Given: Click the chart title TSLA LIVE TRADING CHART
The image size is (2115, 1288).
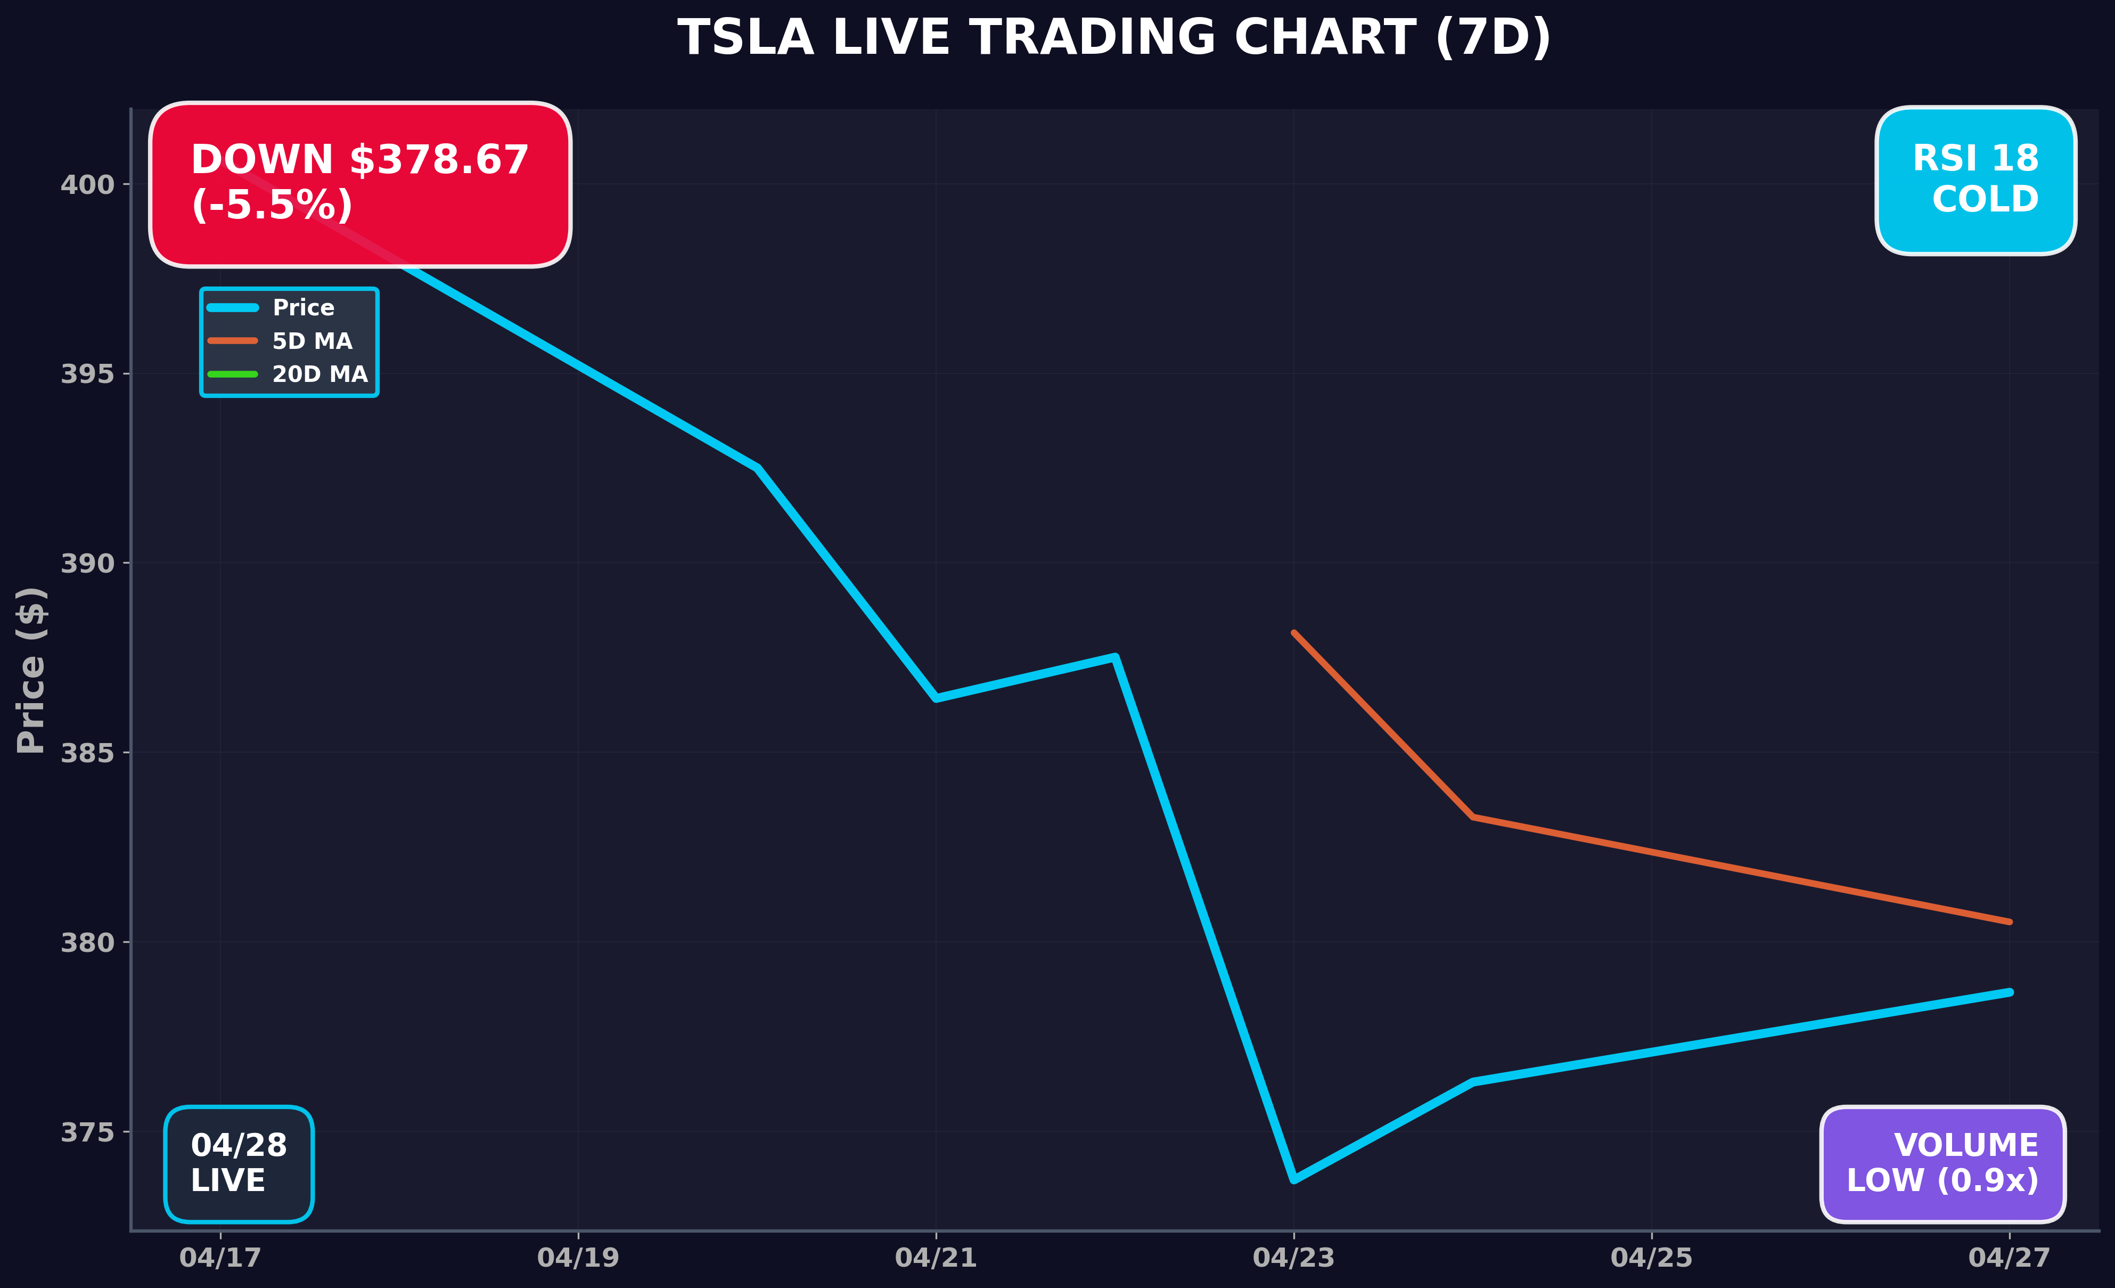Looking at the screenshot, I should [x=1114, y=39].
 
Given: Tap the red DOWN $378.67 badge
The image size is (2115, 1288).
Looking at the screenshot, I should [x=359, y=184].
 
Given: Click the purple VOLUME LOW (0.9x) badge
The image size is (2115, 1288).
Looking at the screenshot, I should [x=1942, y=1163].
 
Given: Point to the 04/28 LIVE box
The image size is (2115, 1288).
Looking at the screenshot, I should [x=239, y=1163].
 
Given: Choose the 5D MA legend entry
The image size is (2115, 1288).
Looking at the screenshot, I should [x=311, y=341].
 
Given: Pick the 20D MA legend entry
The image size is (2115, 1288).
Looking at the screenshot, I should [x=319, y=374].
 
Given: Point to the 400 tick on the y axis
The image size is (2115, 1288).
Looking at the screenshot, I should [x=87, y=185].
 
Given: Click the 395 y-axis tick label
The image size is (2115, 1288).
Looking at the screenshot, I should [x=87, y=374].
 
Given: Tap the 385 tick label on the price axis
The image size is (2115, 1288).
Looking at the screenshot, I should [x=87, y=753].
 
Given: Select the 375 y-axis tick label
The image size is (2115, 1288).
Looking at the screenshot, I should [x=87, y=1132].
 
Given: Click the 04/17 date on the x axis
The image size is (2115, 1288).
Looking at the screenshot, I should [x=220, y=1258].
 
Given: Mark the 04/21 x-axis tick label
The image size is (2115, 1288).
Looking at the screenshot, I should [x=936, y=1258].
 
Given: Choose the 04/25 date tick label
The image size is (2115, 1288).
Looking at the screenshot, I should [x=1652, y=1258].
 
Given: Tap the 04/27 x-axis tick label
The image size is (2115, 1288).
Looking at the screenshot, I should [x=2010, y=1258].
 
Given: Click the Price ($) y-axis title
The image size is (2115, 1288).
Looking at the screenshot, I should [x=31, y=670].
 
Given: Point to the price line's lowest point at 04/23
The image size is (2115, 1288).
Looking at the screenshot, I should [x=1293, y=1180].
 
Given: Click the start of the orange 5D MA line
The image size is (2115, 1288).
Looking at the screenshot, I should [x=1293, y=633].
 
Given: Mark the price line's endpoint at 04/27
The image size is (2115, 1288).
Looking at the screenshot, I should [x=2010, y=992].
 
